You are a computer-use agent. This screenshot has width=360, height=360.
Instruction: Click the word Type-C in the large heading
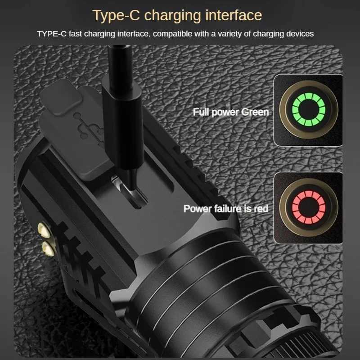(x=117, y=15)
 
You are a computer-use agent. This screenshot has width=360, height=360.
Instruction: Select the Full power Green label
(x=230, y=112)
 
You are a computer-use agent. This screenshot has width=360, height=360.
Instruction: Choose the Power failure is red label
(x=225, y=209)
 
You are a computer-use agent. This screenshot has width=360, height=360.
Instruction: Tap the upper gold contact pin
(x=46, y=231)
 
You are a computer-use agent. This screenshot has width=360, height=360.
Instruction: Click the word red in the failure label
(x=261, y=209)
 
